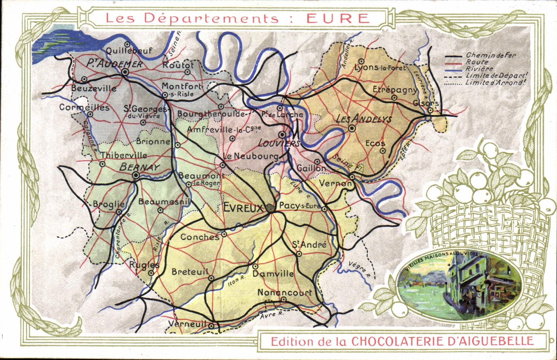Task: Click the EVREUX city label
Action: pos(243,208)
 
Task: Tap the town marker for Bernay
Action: pos(136,175)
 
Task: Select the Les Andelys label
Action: pos(364,119)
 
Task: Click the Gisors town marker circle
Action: pos(430,111)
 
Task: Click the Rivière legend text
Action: pos(479,69)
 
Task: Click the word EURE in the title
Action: pos(338,18)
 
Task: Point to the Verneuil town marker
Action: pos(211,325)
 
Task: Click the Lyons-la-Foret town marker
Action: pos(361,61)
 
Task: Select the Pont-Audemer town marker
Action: pos(125,72)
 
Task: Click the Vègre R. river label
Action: pos(358,270)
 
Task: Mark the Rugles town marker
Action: pos(151,273)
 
